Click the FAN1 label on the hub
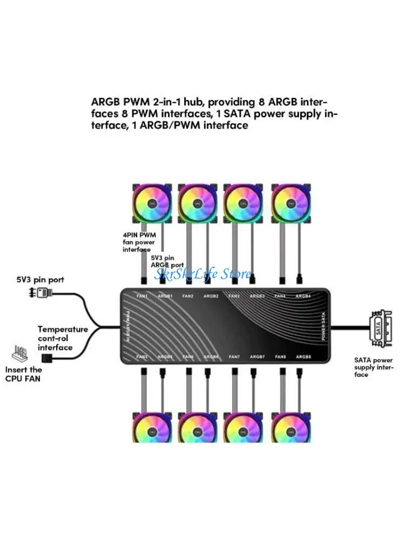pyautogui.click(x=142, y=296)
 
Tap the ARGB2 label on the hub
pyautogui.click(x=211, y=296)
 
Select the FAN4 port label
pyautogui.click(x=280, y=296)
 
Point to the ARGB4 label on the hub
pyautogui.click(x=303, y=296)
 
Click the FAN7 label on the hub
pyautogui.click(x=234, y=357)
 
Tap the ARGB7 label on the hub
pyautogui.click(x=258, y=357)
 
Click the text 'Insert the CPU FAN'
pyautogui.click(x=24, y=374)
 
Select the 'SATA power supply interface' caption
pyautogui.click(x=374, y=367)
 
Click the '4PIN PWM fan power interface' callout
pyautogui.click(x=138, y=242)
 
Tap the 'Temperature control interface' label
pyautogui.click(x=63, y=338)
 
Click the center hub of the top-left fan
pyautogui.click(x=153, y=204)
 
